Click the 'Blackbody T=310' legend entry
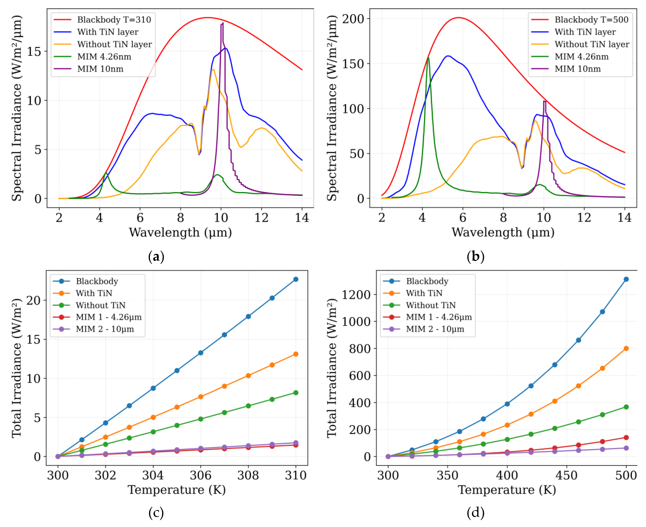pyautogui.click(x=114, y=20)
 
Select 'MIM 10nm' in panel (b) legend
pyautogui.click(x=577, y=69)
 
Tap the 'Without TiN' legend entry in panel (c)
pyautogui.click(x=100, y=305)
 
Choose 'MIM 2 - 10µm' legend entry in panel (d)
pyautogui.click(x=435, y=329)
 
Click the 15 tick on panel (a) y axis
pyautogui.click(x=34, y=52)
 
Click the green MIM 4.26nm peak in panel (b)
pyautogui.click(x=428, y=58)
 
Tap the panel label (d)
pyautogui.click(x=475, y=513)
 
